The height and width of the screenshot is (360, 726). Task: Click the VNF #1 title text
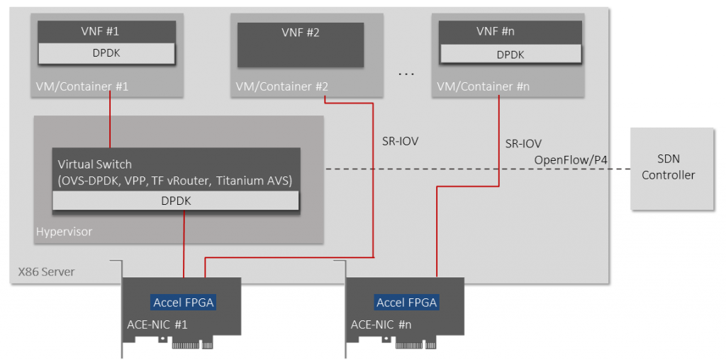pyautogui.click(x=106, y=31)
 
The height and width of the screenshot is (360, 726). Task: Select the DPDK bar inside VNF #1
pyautogui.click(x=106, y=53)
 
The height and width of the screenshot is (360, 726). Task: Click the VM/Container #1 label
pyautogui.click(x=82, y=86)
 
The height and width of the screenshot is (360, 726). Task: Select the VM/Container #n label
pyautogui.click(x=483, y=86)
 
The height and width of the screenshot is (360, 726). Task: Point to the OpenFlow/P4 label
pyautogui.click(x=571, y=160)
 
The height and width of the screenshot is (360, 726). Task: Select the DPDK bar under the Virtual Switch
pyautogui.click(x=175, y=201)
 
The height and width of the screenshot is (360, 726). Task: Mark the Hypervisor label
pyautogui.click(x=63, y=232)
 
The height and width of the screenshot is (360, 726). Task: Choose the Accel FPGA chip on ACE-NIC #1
pyautogui.click(x=184, y=303)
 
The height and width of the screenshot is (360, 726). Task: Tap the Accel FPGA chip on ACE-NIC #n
pyautogui.click(x=407, y=303)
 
